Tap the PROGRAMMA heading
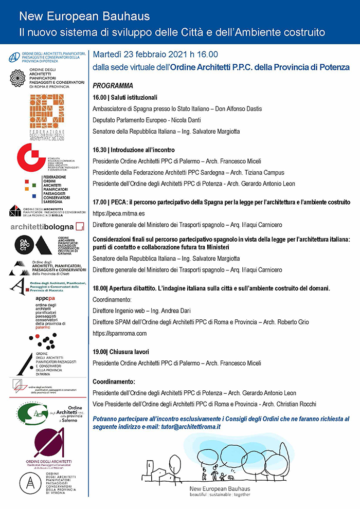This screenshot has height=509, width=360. click(113, 86)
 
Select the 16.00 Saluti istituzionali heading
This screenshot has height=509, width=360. click(125, 97)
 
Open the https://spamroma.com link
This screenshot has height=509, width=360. click(120, 333)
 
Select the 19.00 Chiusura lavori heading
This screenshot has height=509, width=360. click(120, 352)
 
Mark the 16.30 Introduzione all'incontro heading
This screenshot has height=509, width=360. click(134, 150)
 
